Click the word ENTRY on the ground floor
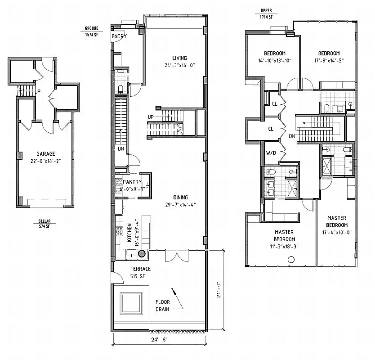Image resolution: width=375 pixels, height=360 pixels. pos(119,36)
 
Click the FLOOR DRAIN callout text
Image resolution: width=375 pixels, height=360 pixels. pos(162,306)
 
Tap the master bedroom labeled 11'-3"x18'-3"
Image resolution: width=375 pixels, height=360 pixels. pos(284,239)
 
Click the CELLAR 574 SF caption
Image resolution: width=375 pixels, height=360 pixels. pos(45,224)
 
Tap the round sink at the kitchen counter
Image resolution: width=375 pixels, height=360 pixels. pos(142,254)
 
